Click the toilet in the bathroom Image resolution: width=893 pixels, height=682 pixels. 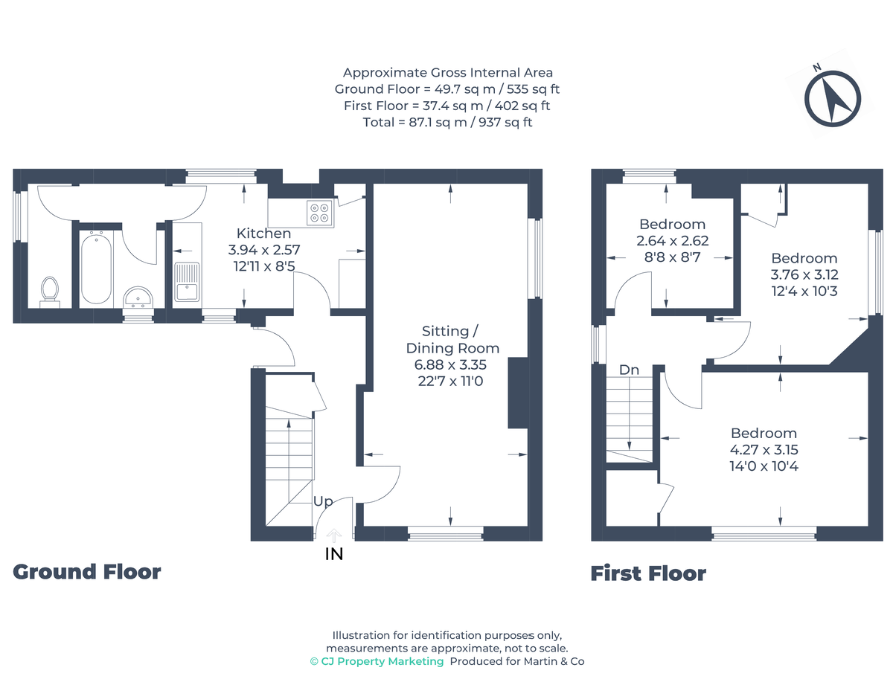[50, 291]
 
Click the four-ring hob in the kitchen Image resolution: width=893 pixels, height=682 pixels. [321, 213]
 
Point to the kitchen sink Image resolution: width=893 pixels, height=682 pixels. [187, 282]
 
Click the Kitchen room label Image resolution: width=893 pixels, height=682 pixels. [263, 234]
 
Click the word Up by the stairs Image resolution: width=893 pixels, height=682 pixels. [322, 502]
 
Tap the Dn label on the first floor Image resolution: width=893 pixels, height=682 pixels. [629, 370]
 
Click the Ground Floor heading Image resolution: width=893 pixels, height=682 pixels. [87, 572]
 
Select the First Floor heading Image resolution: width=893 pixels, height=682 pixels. [648, 573]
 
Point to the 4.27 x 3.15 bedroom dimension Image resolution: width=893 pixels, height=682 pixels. [764, 450]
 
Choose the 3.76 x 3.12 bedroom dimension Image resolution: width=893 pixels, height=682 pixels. [804, 274]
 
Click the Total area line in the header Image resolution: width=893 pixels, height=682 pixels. [447, 122]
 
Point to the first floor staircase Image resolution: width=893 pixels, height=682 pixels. [630, 416]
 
